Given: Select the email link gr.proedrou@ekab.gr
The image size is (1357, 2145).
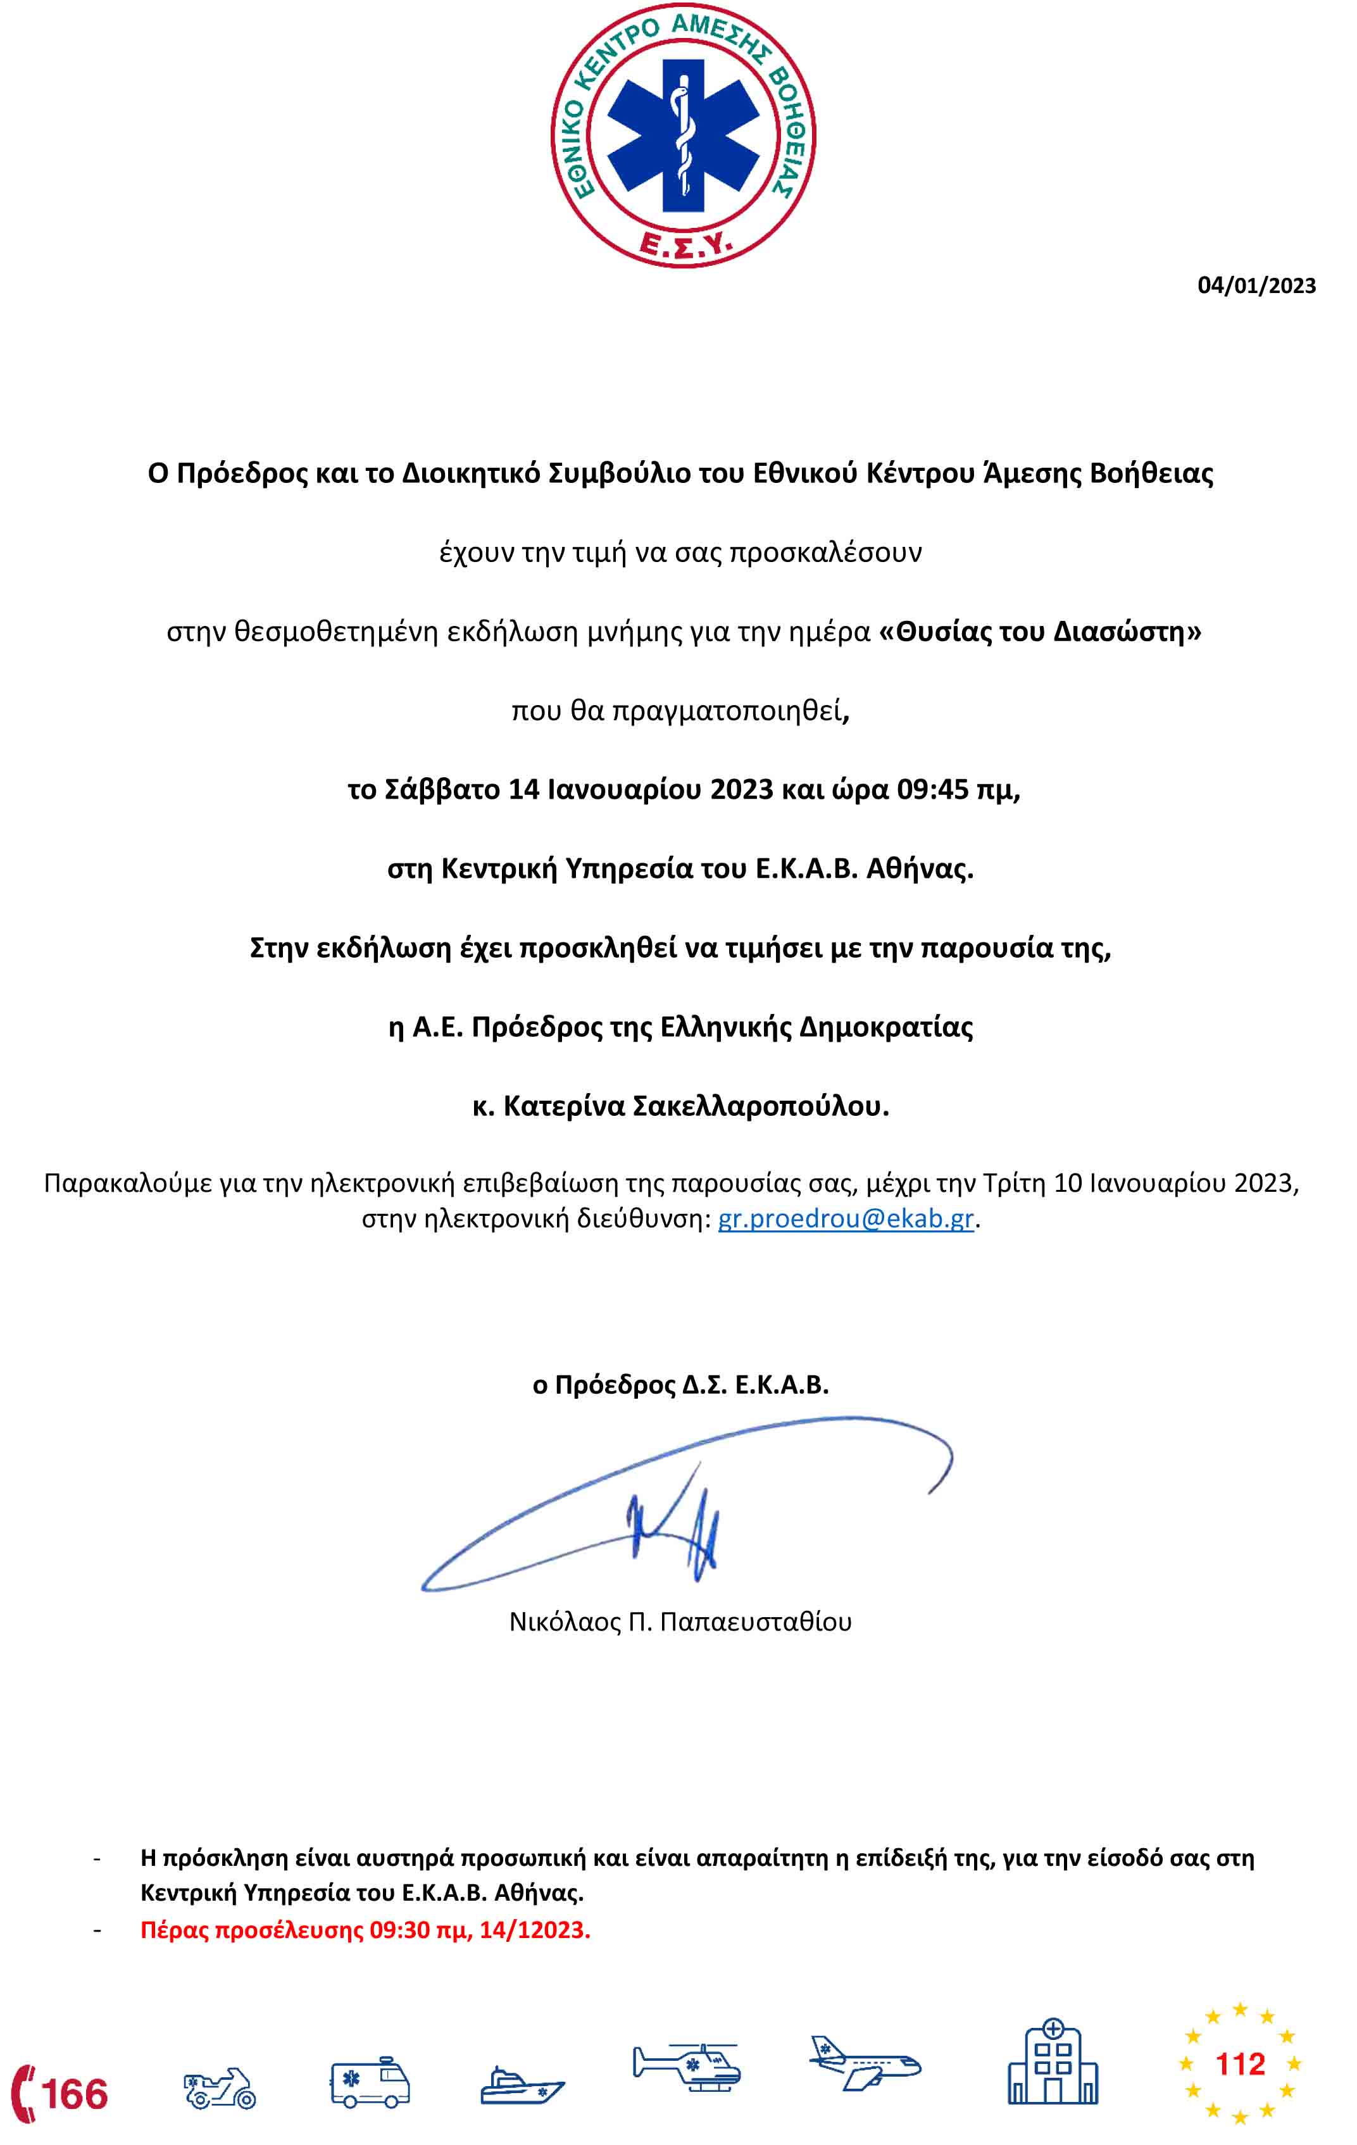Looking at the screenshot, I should pyautogui.click(x=846, y=1218).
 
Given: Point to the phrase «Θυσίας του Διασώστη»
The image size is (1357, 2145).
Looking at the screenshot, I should pyautogui.click(x=1040, y=632).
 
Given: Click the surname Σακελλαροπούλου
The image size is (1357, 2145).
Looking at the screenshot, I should pyautogui.click(x=760, y=1106).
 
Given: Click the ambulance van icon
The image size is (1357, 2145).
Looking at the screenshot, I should pyautogui.click(x=370, y=2084).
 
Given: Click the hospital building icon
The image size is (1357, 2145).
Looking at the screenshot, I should pyautogui.click(x=1053, y=2066).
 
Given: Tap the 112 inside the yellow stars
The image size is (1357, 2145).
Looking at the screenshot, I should pyautogui.click(x=1239, y=2064).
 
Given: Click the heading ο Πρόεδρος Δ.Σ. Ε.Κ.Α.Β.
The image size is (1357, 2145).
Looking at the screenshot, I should pyautogui.click(x=680, y=1385).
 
